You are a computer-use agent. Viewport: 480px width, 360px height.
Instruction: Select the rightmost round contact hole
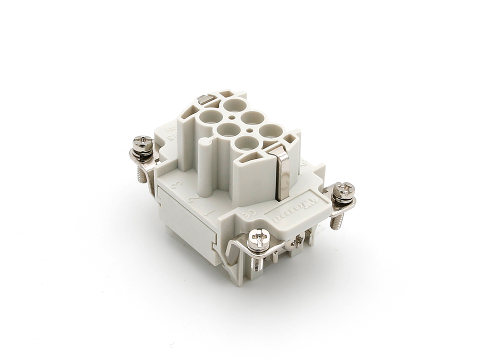272,131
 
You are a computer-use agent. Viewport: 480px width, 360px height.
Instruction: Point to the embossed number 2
192,198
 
